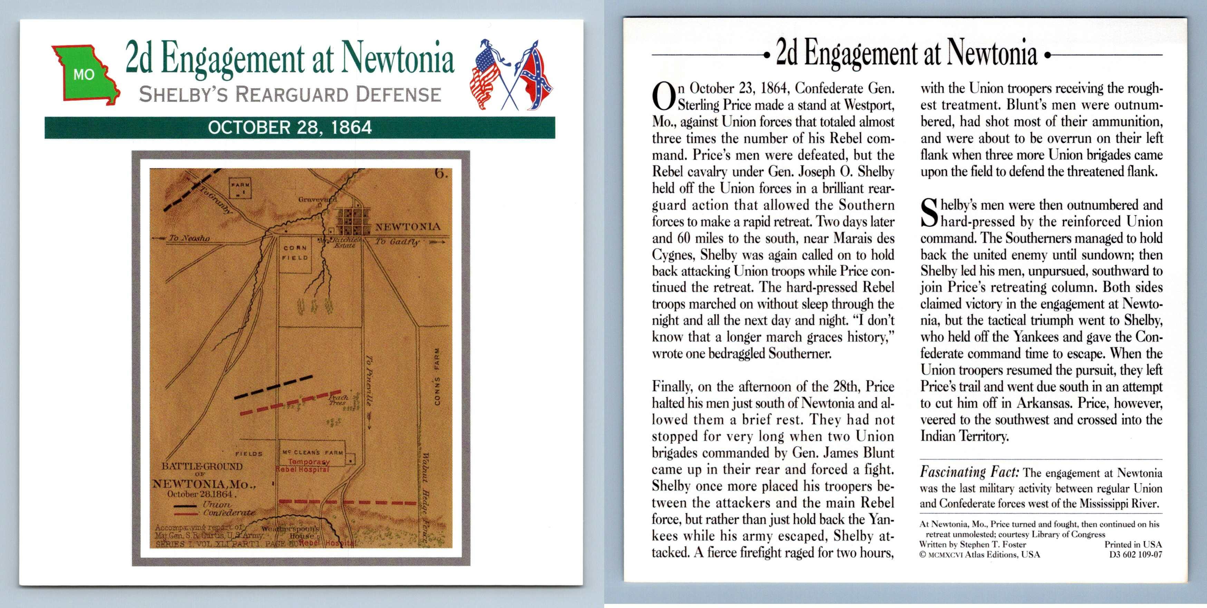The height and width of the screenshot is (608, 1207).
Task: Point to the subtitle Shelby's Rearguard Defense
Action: tap(290, 95)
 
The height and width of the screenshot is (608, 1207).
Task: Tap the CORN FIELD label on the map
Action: tap(295, 252)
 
